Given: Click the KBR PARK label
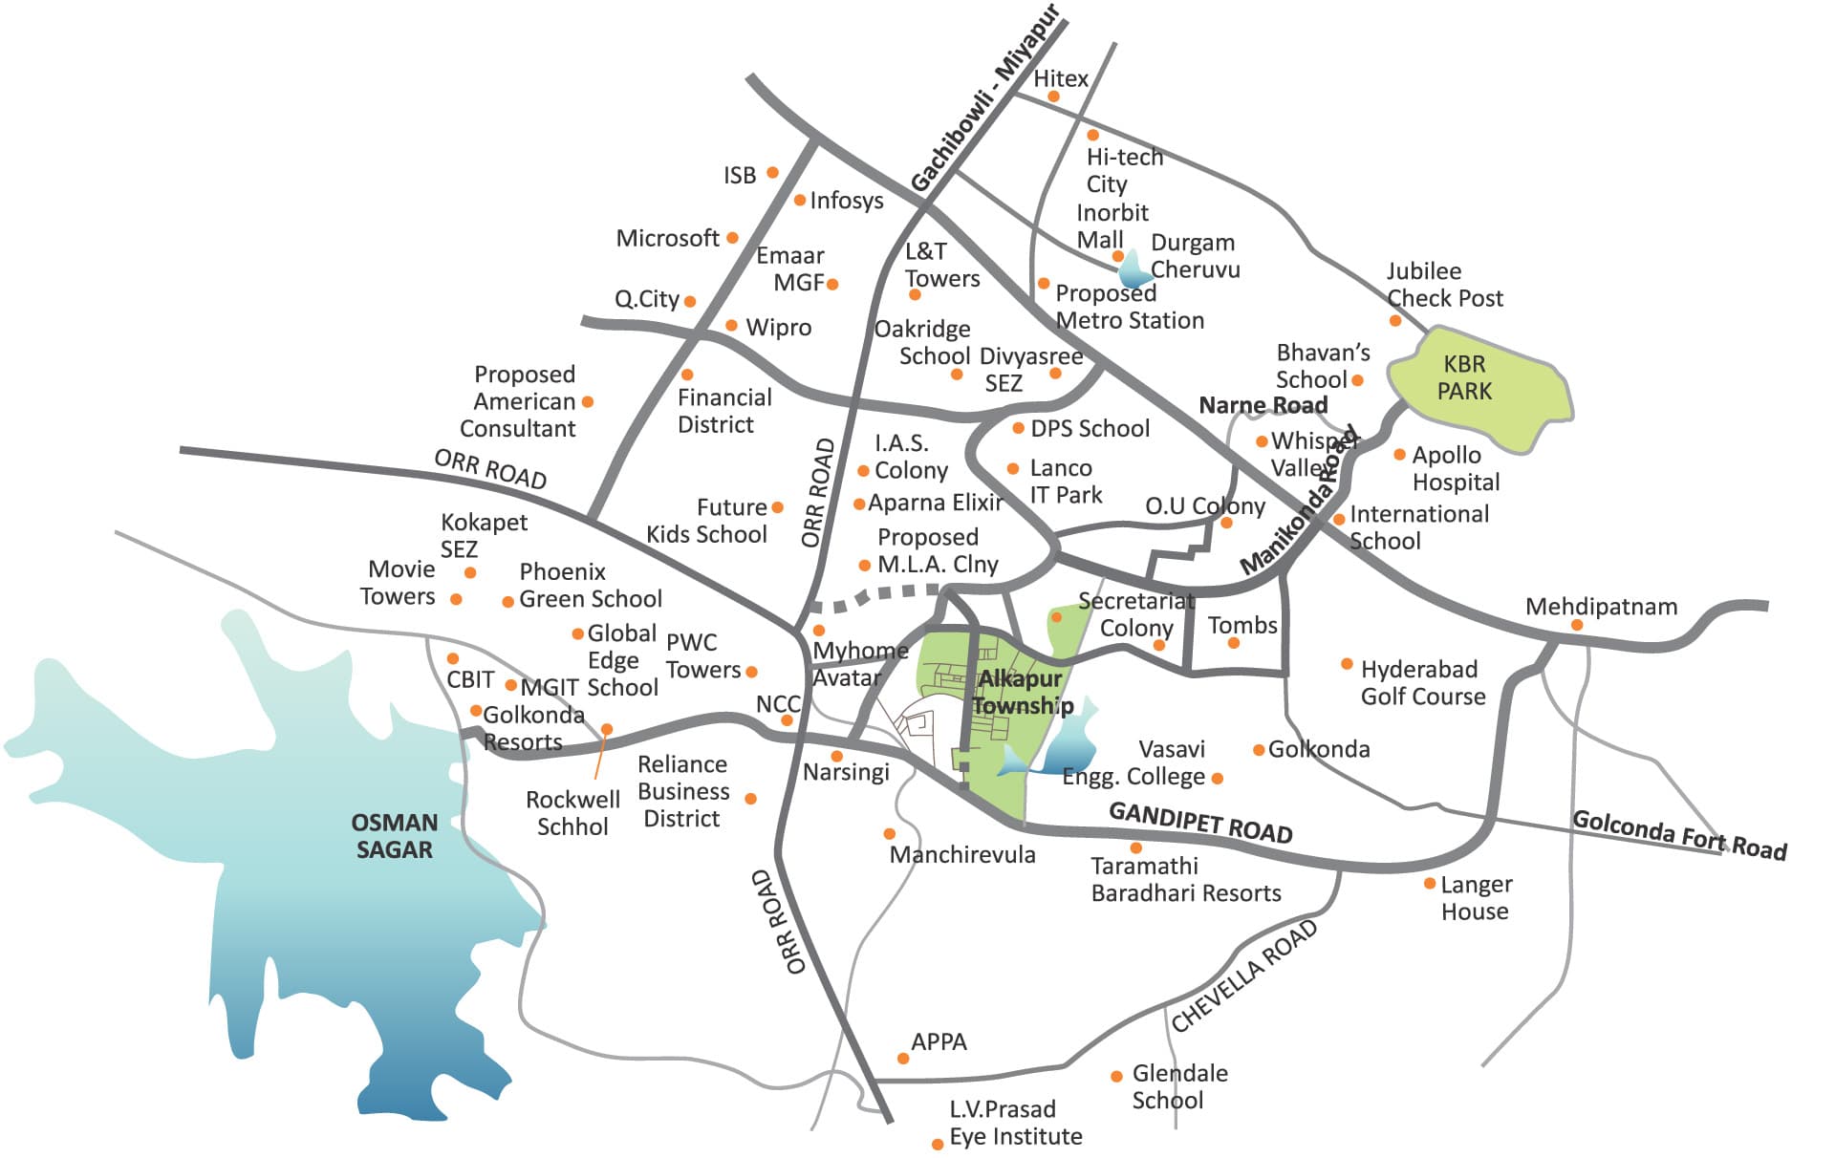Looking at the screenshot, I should [1464, 377].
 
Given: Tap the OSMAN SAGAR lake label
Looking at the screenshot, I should [394, 836].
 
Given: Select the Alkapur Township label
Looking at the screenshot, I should [1021, 693].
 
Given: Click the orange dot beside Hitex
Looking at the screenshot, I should [1053, 96].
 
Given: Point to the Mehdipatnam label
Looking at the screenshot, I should [1601, 607].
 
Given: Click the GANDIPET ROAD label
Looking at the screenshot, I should [1200, 823].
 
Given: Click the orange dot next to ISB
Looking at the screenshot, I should [772, 173].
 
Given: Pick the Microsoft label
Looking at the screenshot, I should [667, 238].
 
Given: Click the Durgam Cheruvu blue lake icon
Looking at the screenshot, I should [1135, 270].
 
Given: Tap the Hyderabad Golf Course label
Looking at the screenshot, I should [1422, 682].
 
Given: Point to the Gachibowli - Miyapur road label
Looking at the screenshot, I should [984, 99].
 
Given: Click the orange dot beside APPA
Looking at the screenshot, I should [902, 1058].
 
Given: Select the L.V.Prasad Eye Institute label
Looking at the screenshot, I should [1015, 1123].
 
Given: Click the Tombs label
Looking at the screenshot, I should [1241, 625].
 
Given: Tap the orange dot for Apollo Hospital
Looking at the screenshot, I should [1399, 455].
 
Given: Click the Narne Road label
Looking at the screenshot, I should [1263, 405].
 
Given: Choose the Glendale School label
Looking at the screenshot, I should [1178, 1086].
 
